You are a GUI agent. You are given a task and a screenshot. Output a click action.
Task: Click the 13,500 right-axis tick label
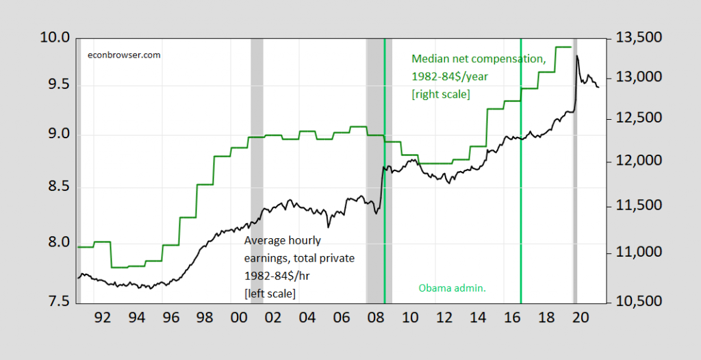(639, 38)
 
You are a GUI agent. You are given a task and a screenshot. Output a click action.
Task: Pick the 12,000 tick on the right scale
(639, 162)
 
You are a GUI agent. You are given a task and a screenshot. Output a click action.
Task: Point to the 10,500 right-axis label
(639, 302)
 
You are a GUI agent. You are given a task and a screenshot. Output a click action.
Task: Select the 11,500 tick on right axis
(639, 206)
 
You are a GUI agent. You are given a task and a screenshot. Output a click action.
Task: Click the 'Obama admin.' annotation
(452, 288)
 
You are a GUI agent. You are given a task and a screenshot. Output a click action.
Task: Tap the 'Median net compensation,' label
(478, 60)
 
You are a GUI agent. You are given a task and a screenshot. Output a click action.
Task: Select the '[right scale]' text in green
(440, 94)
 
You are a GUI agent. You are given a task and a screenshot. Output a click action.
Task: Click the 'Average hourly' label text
(283, 241)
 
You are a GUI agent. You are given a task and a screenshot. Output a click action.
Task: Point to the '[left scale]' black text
(270, 292)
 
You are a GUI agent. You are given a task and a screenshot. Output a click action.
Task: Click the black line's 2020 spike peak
(577, 56)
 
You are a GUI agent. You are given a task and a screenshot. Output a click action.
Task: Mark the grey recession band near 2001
(257, 171)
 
